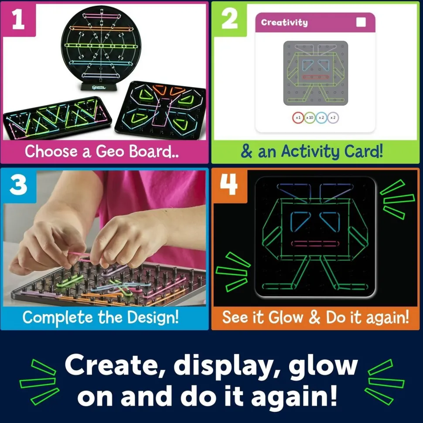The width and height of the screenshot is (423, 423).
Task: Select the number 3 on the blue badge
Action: pos(18,186)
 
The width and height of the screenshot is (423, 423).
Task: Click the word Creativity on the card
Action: pos(284,23)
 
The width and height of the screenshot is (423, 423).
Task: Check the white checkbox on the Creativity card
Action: pos(361,23)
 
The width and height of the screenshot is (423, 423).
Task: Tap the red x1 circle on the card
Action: pos(298,117)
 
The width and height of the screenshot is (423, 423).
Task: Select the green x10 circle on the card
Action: pos(310,117)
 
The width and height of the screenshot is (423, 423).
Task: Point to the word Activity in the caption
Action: pos(310,152)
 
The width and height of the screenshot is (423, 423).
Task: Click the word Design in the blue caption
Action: pos(153,317)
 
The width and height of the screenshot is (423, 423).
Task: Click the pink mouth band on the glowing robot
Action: pos(310,243)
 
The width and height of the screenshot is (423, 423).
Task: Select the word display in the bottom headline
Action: pos(226,367)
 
